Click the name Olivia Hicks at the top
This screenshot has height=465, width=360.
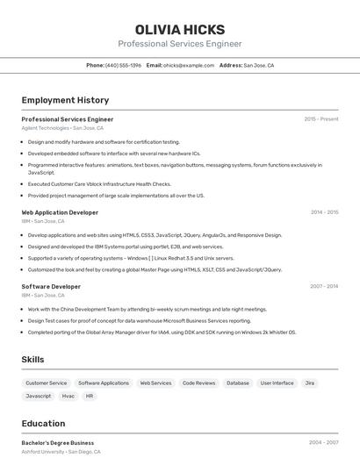[180, 29]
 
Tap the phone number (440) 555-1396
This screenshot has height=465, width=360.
[123, 65]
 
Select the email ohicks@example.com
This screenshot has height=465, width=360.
[189, 65]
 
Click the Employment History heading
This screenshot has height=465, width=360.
[65, 100]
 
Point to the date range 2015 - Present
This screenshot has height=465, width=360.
[320, 119]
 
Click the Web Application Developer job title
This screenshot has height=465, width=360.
[60, 212]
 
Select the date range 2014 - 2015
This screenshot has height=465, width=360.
[324, 212]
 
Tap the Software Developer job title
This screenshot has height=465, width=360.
[51, 286]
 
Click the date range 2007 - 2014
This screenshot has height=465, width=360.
[324, 286]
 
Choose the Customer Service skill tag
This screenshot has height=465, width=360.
[46, 383]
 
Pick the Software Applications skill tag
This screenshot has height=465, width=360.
[104, 383]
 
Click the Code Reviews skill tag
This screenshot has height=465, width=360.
[198, 383]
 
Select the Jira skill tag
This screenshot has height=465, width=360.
[310, 383]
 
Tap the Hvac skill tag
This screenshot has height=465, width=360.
[68, 397]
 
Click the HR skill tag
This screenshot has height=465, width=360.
[90, 397]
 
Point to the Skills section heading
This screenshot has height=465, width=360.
[32, 360]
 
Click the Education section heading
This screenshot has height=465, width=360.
[43, 423]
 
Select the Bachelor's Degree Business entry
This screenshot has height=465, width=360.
[58, 443]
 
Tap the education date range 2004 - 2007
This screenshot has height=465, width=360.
[324, 443]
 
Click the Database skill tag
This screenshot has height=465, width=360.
[237, 383]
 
